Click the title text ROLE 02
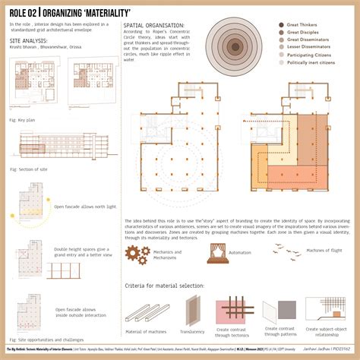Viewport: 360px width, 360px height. point(24,13)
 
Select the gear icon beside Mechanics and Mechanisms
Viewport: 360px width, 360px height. point(135,254)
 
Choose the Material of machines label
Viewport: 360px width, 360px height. point(144,333)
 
